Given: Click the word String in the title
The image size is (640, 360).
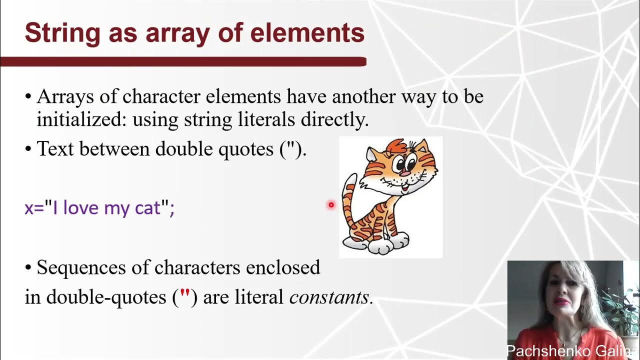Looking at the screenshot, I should point(54,33).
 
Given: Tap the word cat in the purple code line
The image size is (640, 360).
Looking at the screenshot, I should point(148,207).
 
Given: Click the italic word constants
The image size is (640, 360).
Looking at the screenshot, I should point(329,297).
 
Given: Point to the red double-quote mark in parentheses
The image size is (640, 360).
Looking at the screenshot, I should point(184,296).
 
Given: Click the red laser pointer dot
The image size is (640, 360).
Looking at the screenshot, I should point(331,204).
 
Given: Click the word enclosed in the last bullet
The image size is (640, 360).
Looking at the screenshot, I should point(282,268).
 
